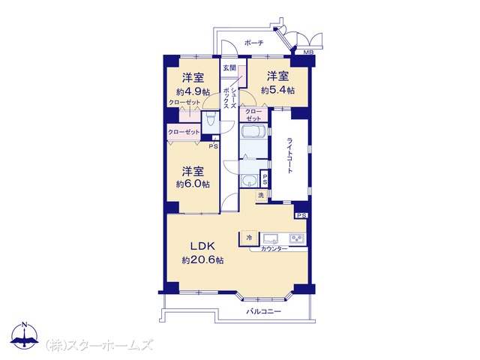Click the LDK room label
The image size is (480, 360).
pyautogui.click(x=202, y=246)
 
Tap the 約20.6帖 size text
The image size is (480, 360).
pyautogui.click(x=202, y=260)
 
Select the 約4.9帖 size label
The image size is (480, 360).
pyautogui.click(x=193, y=91)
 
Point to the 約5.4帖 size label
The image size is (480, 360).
pyautogui.click(x=278, y=90)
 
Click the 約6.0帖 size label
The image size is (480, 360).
pyautogui.click(x=193, y=184)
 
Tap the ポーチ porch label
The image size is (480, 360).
pyautogui.click(x=253, y=43)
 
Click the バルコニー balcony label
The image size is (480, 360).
pyautogui.click(x=264, y=312)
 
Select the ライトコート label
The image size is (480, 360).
pyautogui.click(x=289, y=155)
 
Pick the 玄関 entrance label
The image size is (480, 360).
pyautogui.click(x=229, y=67)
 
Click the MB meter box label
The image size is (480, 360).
pyautogui.click(x=308, y=52)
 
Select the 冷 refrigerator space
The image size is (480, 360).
pyautogui.click(x=249, y=238)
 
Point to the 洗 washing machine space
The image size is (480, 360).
pyautogui.click(x=261, y=195)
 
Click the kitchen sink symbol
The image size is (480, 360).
pyautogui.click(x=271, y=238)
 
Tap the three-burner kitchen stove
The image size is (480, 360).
pyautogui.click(x=297, y=238)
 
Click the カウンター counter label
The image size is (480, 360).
pyautogui.click(x=274, y=249)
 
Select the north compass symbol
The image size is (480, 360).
pyautogui.click(x=25, y=335)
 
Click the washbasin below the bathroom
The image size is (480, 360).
pyautogui.click(x=250, y=181)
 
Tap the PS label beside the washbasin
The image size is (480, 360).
pyautogui.click(x=265, y=178)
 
